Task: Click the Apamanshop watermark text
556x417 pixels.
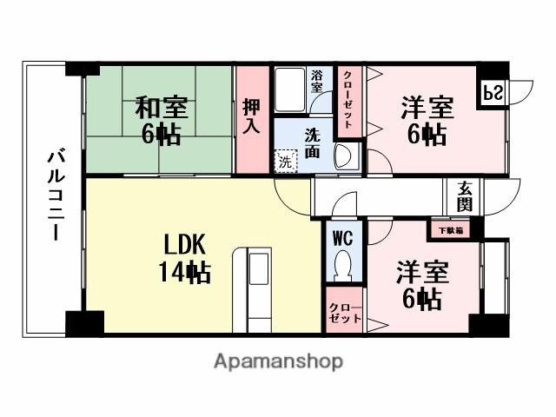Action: (x=278, y=361)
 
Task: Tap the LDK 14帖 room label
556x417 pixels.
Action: (x=184, y=259)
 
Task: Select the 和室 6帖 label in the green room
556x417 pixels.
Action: (x=162, y=122)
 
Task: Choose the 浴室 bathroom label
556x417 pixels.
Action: (x=317, y=82)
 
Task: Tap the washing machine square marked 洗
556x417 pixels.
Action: (x=285, y=161)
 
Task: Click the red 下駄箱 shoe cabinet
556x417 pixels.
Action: (x=450, y=230)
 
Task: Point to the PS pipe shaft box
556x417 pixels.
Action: (x=491, y=92)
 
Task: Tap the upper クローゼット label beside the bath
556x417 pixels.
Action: (x=347, y=100)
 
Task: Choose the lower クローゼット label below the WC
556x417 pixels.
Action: (x=344, y=314)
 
